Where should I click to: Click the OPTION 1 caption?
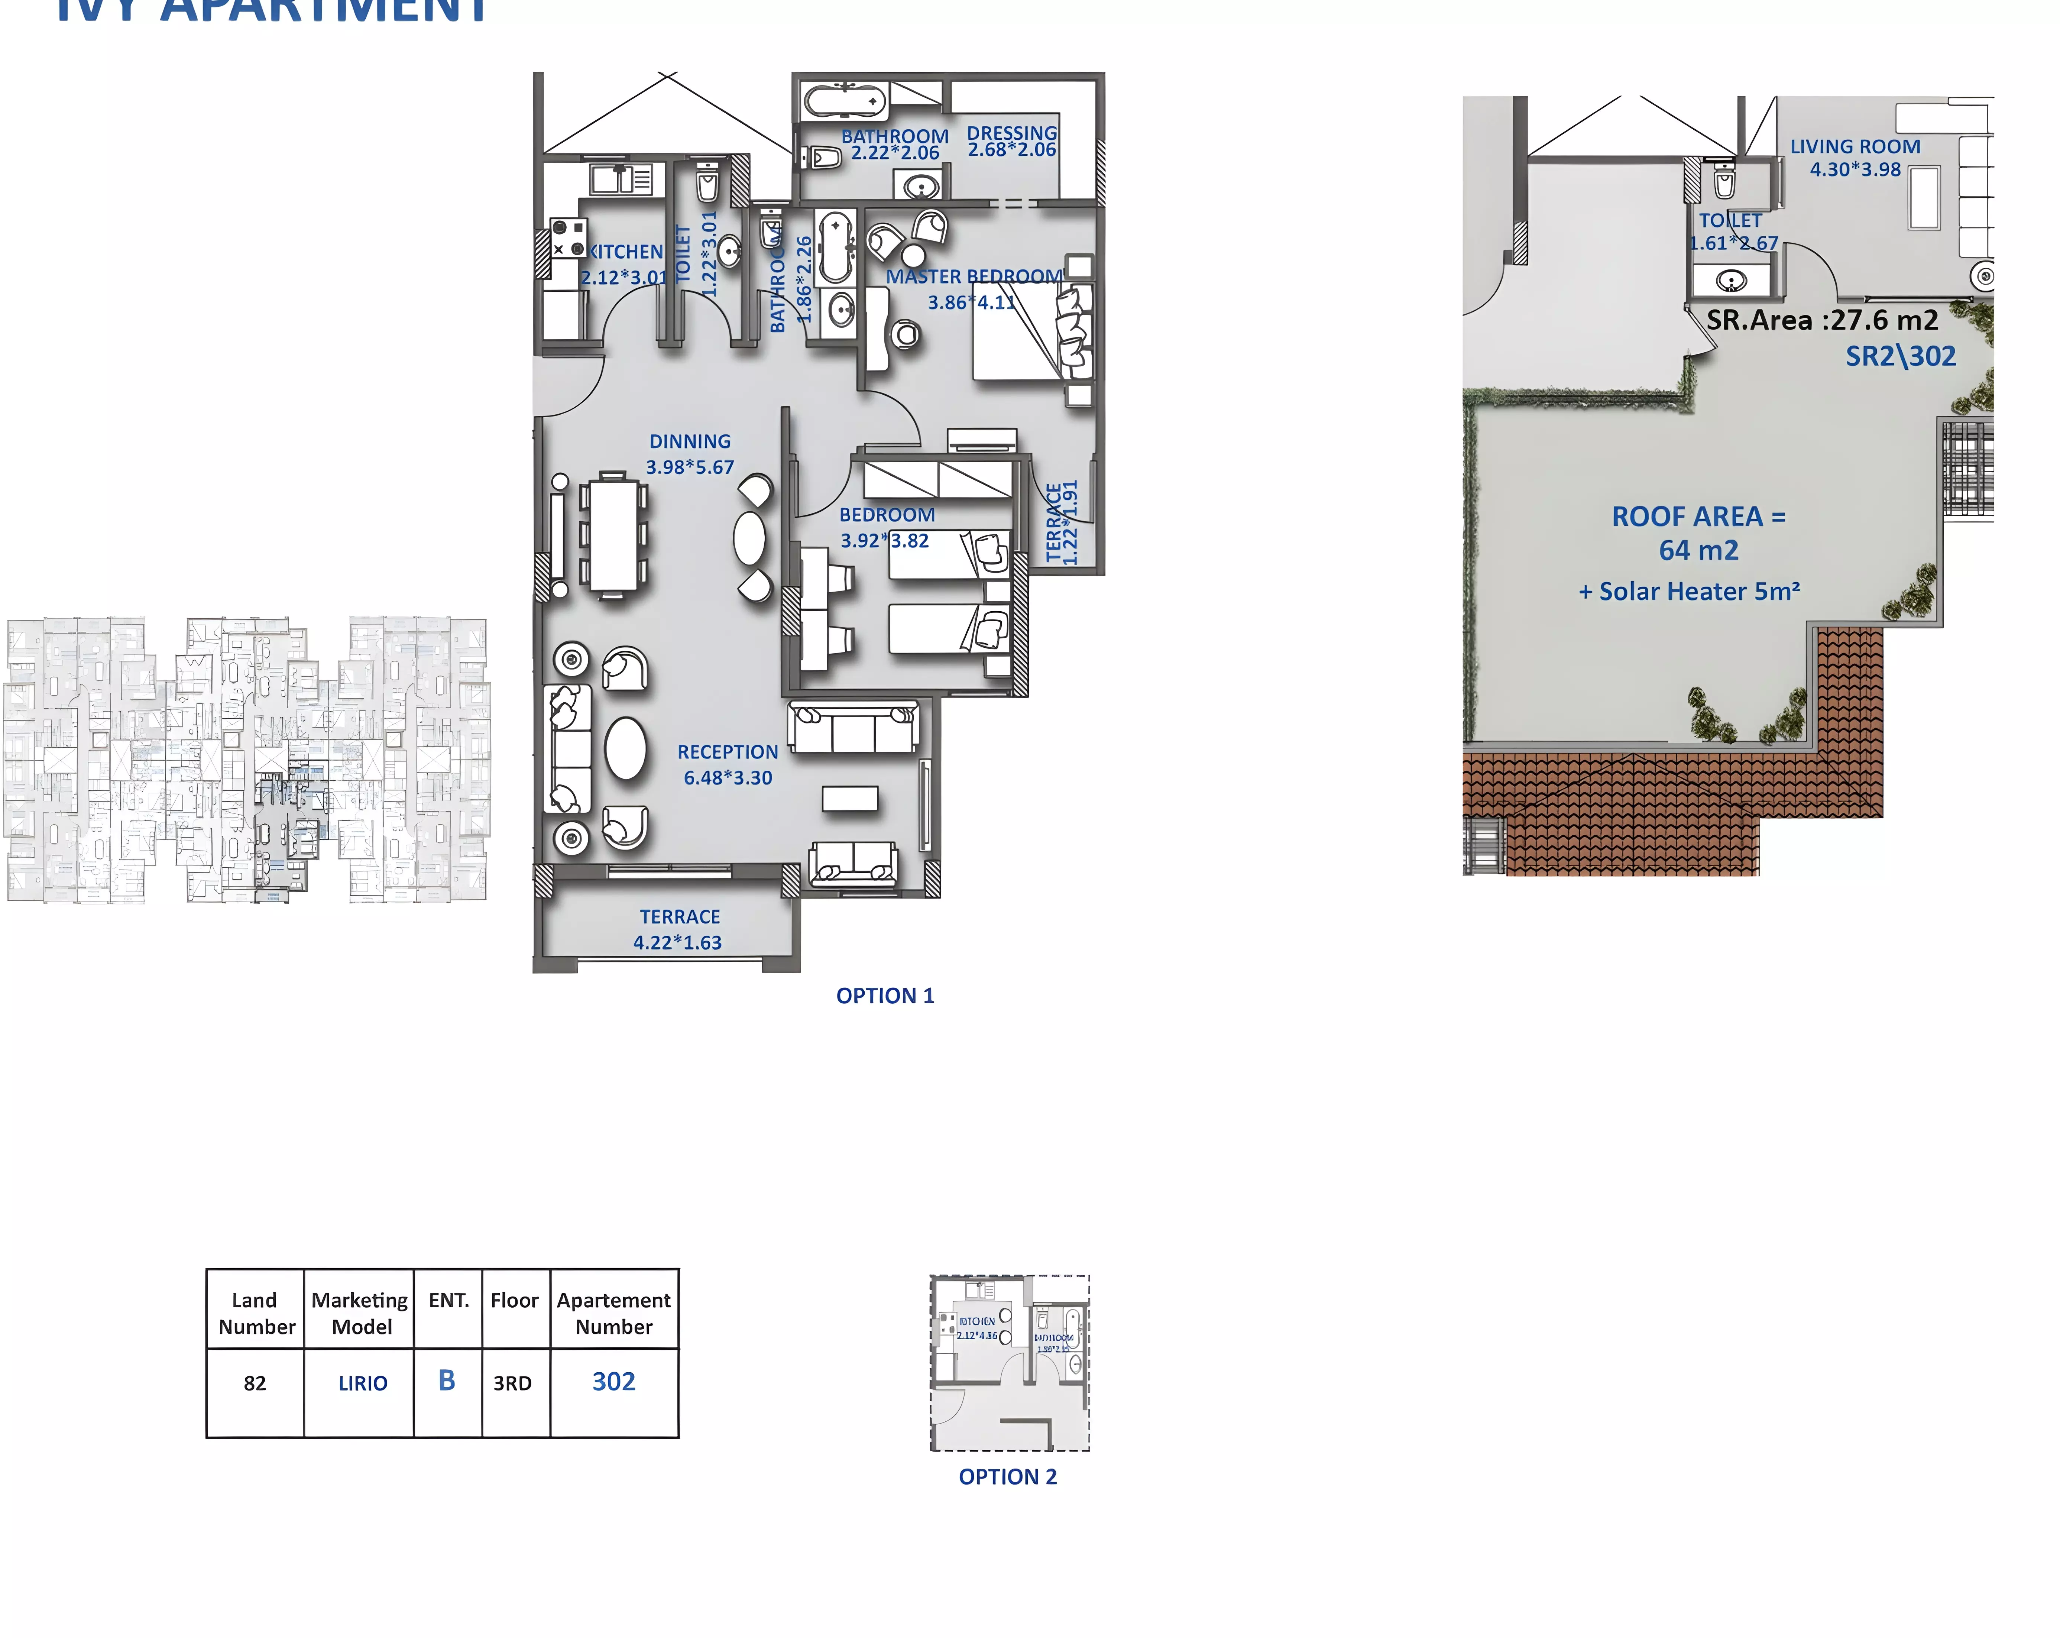pos(885,996)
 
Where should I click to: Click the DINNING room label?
pos(690,441)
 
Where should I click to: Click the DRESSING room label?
pos(1012,133)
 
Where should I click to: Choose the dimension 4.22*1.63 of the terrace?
pos(677,942)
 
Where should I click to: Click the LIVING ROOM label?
pos(1855,146)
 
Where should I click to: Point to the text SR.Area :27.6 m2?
pos(1822,320)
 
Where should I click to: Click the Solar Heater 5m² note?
pos(1689,592)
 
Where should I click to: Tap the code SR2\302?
pos(1901,356)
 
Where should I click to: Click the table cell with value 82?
pos(255,1383)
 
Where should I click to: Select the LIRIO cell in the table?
pos(363,1383)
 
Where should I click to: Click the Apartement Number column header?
pos(613,1313)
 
